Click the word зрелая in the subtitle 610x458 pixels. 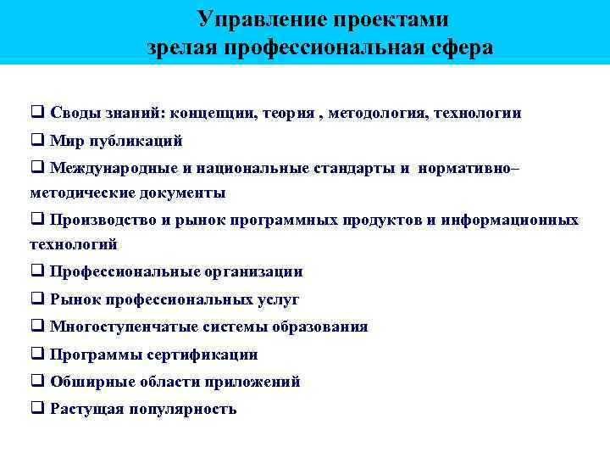tap(183, 47)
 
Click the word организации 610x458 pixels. tap(252, 272)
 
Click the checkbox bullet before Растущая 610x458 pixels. tap(37, 408)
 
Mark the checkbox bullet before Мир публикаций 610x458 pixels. tap(37, 140)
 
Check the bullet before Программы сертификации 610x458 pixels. tap(37, 354)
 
